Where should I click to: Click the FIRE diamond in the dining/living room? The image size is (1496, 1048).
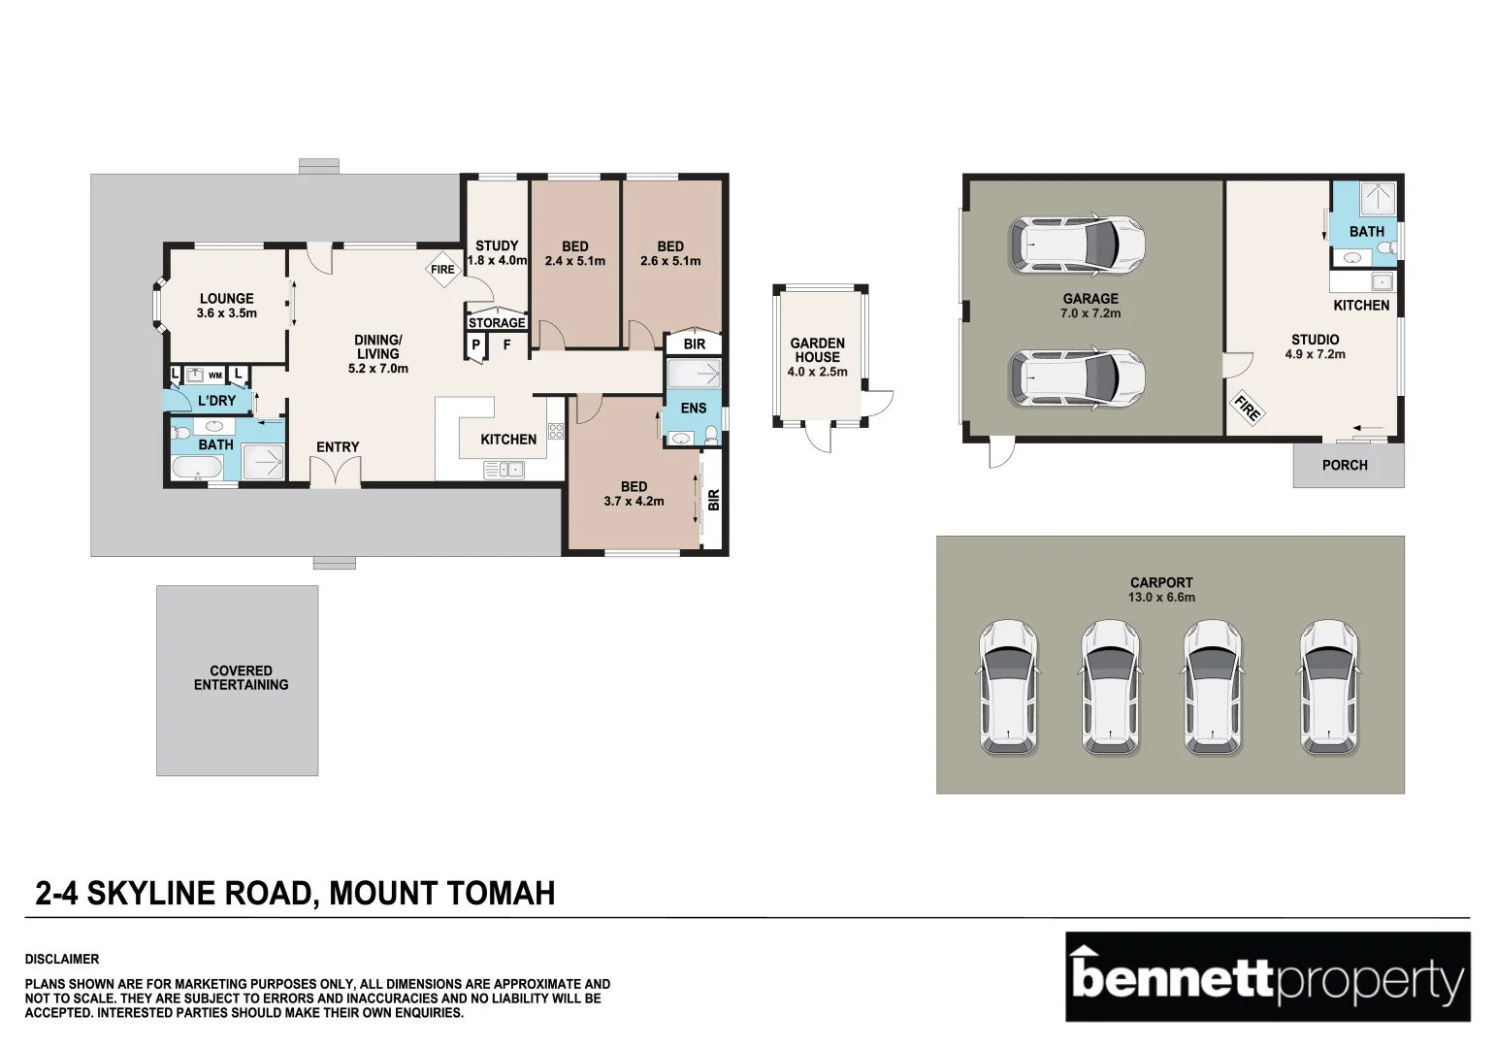tap(442, 269)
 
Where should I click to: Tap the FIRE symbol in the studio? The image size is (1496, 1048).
tap(1247, 408)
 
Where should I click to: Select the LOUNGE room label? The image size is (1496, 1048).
tap(226, 298)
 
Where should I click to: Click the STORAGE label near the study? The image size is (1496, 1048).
tap(497, 322)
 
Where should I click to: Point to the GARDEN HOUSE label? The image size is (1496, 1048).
tap(818, 350)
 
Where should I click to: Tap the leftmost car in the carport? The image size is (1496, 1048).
tap(1008, 688)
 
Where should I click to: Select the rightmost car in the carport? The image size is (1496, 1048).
tap(1329, 688)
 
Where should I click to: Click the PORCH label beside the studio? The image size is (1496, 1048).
tap(1345, 465)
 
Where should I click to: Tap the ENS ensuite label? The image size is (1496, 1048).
tap(694, 408)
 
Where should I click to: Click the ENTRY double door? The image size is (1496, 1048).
tap(336, 471)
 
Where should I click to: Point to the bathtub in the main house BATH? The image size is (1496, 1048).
tap(197, 466)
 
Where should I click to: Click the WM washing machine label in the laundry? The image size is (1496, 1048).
tap(215, 376)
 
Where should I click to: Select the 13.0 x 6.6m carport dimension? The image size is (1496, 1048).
tap(1162, 597)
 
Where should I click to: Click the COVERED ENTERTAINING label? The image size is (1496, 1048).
tap(242, 677)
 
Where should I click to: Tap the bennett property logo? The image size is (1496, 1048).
tap(1268, 976)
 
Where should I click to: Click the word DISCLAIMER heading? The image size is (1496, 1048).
tap(62, 959)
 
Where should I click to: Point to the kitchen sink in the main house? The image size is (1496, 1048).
tap(504, 470)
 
